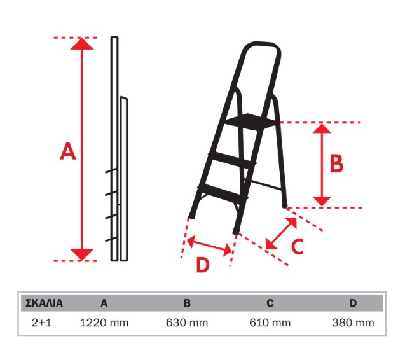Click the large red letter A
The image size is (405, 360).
coord(68,152)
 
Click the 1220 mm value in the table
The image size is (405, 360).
coord(104,323)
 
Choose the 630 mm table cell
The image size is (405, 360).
coord(187,323)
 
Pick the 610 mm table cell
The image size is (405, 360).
coord(271,323)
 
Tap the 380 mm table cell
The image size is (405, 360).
coord(353,323)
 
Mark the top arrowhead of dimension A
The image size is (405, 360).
coord(81,44)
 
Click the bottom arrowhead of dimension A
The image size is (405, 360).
coord(81,254)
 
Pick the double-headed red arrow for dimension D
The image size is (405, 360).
coord(209,245)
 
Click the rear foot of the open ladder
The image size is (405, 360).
coord(285,205)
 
